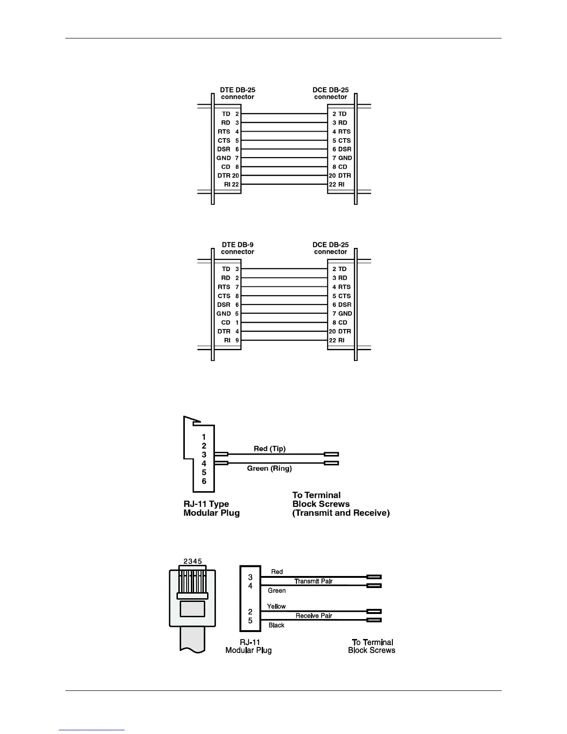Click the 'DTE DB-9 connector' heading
click(238, 248)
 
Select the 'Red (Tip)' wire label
click(270, 449)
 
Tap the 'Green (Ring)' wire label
click(269, 468)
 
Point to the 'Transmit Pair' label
click(314, 581)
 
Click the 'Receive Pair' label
click(314, 616)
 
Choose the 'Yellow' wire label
click(276, 606)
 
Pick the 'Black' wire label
click(277, 625)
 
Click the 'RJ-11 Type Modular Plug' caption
click(211, 508)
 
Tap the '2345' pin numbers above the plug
click(193, 561)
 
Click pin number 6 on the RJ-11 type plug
click(204, 481)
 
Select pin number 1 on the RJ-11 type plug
click(204, 437)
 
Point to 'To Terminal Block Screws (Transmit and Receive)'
click(340, 504)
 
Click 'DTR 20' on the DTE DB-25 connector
click(228, 176)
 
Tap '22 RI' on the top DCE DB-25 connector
click(337, 184)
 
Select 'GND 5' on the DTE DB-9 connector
click(228, 314)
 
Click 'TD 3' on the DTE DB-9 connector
click(230, 269)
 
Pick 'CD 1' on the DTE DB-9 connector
click(230, 323)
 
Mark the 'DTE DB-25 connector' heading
click(238, 93)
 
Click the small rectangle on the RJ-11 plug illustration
click(192, 608)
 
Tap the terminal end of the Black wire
click(374, 620)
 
